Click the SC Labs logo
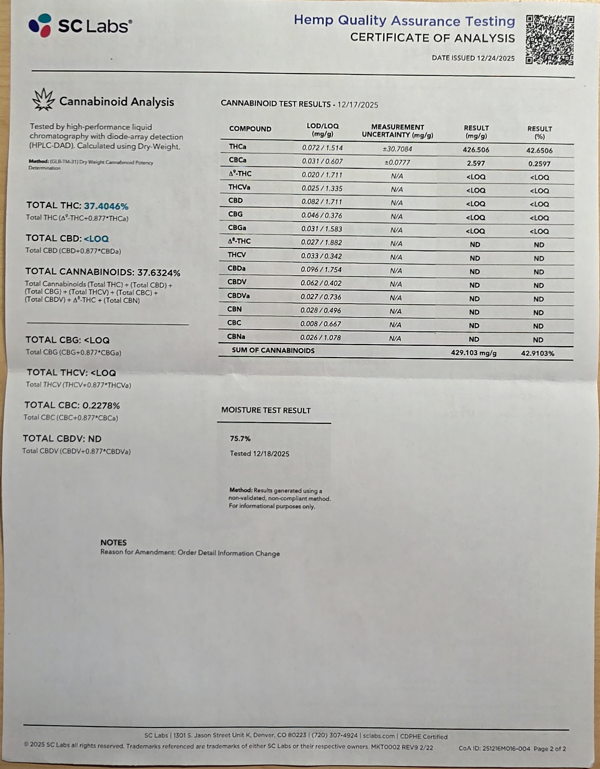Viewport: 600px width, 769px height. (80, 26)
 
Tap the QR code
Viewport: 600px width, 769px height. (550, 40)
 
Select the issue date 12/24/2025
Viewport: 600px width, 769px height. (495, 58)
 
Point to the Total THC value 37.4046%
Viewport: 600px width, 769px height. (106, 206)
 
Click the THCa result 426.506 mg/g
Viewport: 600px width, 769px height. (476, 150)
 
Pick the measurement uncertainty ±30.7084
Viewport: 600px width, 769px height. (397, 149)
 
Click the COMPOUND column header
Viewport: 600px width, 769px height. (250, 129)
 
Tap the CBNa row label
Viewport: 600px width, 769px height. (236, 337)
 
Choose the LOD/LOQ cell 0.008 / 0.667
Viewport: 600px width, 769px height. (321, 324)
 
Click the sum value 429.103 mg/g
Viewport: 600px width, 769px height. (474, 353)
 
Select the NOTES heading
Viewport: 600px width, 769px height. (113, 543)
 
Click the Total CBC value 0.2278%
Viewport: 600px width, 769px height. (101, 406)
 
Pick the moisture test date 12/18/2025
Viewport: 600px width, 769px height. (271, 454)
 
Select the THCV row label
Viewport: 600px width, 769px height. (237, 255)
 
